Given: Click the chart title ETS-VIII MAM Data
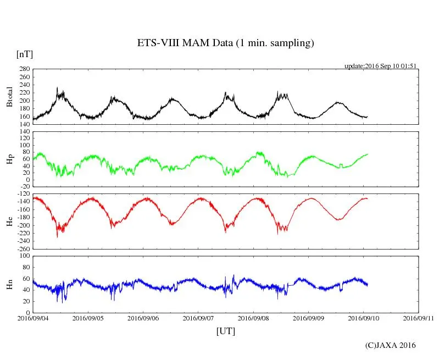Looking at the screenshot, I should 225,43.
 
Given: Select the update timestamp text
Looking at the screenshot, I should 380,66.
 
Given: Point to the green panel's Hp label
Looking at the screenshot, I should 9,160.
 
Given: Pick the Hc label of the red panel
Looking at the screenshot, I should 9,221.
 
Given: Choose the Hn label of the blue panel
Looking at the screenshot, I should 9,284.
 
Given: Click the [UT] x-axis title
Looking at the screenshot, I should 225,331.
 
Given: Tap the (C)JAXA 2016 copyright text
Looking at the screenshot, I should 390,345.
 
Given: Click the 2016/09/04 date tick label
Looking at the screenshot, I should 33,318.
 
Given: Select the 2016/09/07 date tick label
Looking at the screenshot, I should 198,318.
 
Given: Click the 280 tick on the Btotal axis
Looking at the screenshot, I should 24,69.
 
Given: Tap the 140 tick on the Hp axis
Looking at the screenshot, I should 24,132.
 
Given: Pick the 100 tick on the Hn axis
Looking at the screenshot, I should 24,256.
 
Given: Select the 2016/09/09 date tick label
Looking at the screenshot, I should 308,318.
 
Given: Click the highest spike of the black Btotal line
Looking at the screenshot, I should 57,87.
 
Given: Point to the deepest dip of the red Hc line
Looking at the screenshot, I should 57,237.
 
